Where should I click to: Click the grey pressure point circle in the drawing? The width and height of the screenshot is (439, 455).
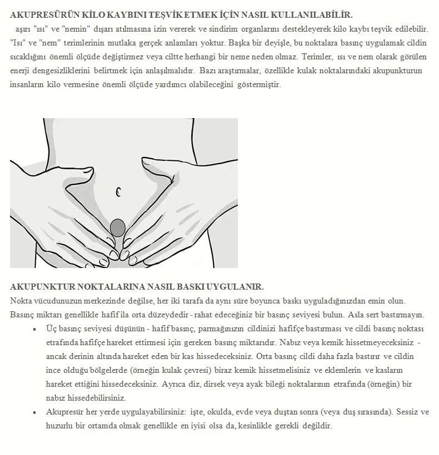pyautogui.click(x=118, y=227)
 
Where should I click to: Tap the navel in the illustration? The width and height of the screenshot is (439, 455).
pyautogui.click(x=118, y=193)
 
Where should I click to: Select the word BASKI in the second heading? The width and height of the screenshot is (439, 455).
pyautogui.click(x=181, y=287)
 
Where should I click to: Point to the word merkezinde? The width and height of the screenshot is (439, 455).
pyautogui.click(x=108, y=301)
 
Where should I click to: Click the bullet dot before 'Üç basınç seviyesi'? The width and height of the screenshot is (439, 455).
pyautogui.click(x=34, y=329)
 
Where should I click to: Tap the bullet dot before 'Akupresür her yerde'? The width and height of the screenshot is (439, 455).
pyautogui.click(x=34, y=413)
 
